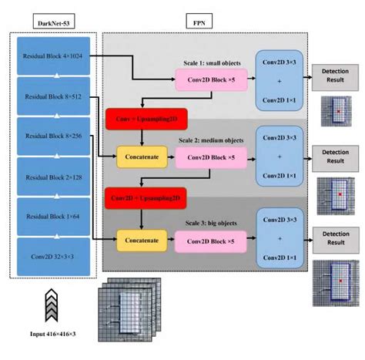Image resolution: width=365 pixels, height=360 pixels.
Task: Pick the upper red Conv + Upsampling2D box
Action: point(140,120)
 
